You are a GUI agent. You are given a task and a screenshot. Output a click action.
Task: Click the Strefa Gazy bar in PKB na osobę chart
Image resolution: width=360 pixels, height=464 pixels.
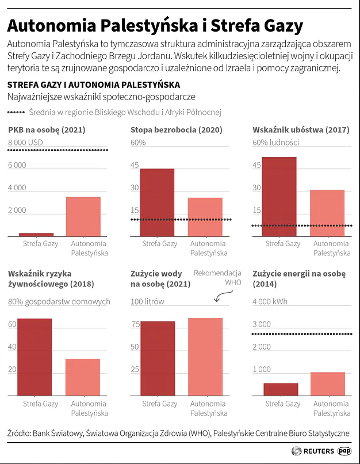click(36, 234)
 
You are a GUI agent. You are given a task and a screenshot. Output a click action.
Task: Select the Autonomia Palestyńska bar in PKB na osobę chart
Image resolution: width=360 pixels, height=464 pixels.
click(83, 216)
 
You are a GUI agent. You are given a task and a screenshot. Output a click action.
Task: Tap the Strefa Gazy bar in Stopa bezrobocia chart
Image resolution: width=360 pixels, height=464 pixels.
click(157, 202)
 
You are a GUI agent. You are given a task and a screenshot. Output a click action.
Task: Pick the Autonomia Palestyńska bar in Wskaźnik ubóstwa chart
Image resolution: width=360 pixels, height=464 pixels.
click(327, 213)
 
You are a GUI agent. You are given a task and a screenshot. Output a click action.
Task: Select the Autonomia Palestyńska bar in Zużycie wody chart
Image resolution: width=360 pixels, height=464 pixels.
click(205, 356)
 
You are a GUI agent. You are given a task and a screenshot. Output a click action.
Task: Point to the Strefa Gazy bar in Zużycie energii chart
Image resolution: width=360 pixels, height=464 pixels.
click(281, 389)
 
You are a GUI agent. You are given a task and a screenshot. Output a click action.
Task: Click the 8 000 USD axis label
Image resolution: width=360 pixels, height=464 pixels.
click(26, 143)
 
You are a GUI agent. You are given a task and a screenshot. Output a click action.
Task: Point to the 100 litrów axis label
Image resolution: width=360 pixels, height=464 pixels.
click(147, 301)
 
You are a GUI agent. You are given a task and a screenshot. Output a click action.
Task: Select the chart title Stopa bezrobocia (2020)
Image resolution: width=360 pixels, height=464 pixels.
click(176, 130)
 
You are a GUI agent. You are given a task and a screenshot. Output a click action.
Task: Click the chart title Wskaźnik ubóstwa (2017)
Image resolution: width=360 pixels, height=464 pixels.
click(301, 130)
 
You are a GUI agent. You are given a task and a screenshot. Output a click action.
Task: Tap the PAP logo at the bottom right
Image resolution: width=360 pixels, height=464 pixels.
click(345, 451)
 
